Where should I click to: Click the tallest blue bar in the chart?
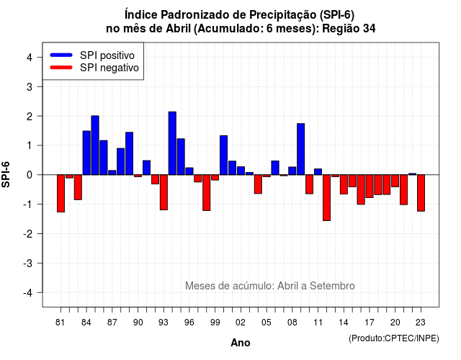[172, 143]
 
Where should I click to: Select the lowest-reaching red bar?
[326, 197]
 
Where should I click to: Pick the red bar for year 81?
[61, 194]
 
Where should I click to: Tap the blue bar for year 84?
[86, 153]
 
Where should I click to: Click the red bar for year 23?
[421, 193]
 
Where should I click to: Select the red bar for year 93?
[164, 192]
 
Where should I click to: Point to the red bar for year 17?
[370, 186]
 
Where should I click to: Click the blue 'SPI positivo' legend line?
[61, 55]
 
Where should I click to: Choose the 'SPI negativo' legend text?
[109, 68]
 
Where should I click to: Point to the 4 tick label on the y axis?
[30, 58]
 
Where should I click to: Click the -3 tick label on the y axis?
[28, 264]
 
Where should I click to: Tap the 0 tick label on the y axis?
[30, 175]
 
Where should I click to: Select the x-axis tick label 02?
[241, 323]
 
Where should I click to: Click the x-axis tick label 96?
[189, 323]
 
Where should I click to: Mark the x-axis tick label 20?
[395, 323]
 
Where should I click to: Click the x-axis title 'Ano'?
[241, 343]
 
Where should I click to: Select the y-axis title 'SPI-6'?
[6, 174]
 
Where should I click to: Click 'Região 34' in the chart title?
[349, 29]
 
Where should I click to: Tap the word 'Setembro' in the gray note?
[332, 286]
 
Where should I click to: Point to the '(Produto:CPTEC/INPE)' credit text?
[394, 338]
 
